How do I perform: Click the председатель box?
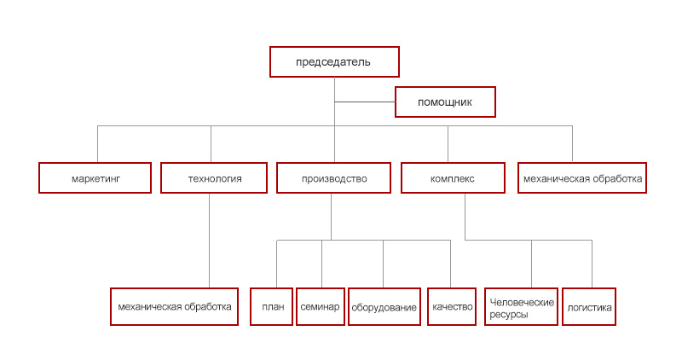(334, 61)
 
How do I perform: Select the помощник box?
(445, 102)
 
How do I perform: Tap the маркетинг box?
(95, 177)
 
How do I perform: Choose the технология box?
(214, 177)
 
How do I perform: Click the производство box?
(333, 177)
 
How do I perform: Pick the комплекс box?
(453, 177)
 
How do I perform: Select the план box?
(271, 306)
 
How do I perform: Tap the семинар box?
(321, 306)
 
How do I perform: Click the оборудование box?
(384, 306)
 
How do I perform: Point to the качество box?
(452, 306)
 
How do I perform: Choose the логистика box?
(589, 306)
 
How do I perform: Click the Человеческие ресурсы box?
(522, 306)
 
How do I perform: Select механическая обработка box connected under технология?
(175, 306)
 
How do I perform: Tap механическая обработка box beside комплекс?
(582, 177)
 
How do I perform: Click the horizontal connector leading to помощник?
(365, 102)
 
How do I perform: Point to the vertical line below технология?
(209, 241)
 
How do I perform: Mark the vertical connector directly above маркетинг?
(97, 144)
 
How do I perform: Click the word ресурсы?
(509, 314)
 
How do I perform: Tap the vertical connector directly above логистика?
(592, 264)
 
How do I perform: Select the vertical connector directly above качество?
(450, 264)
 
